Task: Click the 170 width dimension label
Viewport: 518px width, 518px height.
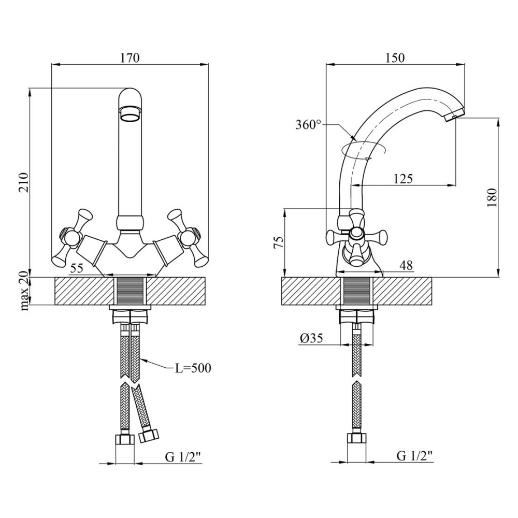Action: tap(130, 58)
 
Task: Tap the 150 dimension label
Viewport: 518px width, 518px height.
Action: tap(395, 58)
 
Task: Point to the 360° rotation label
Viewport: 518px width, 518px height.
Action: tap(308, 125)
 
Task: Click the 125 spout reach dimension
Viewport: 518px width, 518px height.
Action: tap(403, 179)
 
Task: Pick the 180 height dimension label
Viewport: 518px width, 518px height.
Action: tap(492, 197)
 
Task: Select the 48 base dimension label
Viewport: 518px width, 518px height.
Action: tap(406, 265)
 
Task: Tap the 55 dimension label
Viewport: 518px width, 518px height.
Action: tap(77, 268)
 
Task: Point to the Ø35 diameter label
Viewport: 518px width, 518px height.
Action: tap(311, 338)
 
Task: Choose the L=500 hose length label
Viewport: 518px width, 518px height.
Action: tap(193, 368)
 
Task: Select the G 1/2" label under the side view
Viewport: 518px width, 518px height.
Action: tap(414, 456)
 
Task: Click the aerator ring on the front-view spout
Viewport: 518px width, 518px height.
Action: tap(131, 114)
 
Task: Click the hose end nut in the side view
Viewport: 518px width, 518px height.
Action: tap(357, 439)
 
